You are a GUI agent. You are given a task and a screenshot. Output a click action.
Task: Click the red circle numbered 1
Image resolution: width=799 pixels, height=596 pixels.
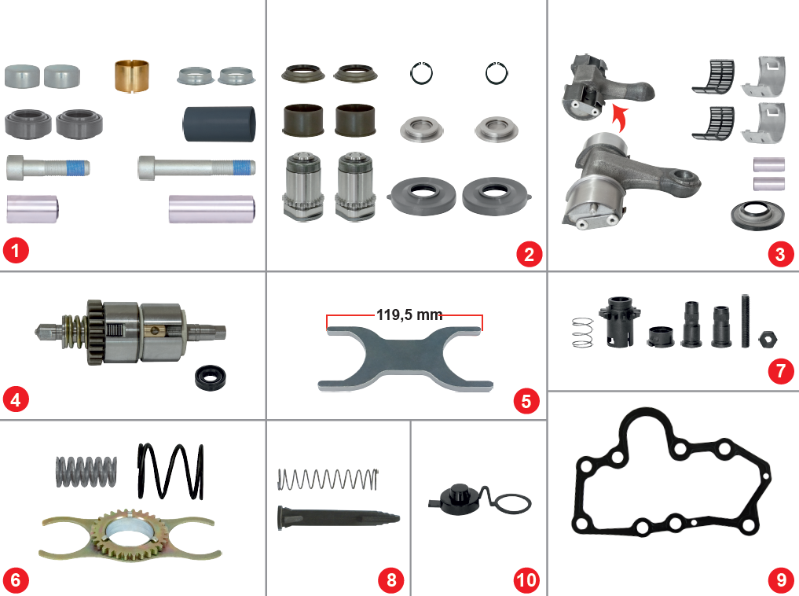pos(16,253)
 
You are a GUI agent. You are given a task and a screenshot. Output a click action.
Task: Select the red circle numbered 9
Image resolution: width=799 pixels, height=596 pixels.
pos(780,579)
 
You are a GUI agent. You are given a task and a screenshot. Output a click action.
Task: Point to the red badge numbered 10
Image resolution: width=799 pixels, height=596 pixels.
pos(526,580)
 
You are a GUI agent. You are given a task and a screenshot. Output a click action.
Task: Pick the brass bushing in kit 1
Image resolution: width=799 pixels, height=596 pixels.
pos(132,75)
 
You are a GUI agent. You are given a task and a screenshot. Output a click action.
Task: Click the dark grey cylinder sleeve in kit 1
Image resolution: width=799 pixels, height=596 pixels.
pos(219,123)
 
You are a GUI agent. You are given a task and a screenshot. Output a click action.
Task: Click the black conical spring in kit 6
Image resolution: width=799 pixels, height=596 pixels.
pos(170,471)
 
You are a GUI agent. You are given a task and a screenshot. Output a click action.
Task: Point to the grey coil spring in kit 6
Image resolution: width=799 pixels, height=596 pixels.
pos(86,471)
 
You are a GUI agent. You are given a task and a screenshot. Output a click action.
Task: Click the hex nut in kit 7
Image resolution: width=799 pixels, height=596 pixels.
pos(768,339)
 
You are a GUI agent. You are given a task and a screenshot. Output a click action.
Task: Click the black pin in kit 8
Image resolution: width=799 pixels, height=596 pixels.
pos(338,517)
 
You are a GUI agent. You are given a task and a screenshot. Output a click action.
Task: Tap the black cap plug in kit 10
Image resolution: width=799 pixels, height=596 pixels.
pos(456,497)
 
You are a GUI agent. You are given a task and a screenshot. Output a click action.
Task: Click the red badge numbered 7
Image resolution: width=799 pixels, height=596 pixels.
pos(780,370)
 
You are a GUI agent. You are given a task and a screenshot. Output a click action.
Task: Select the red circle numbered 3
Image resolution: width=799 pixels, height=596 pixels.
pos(780,254)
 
